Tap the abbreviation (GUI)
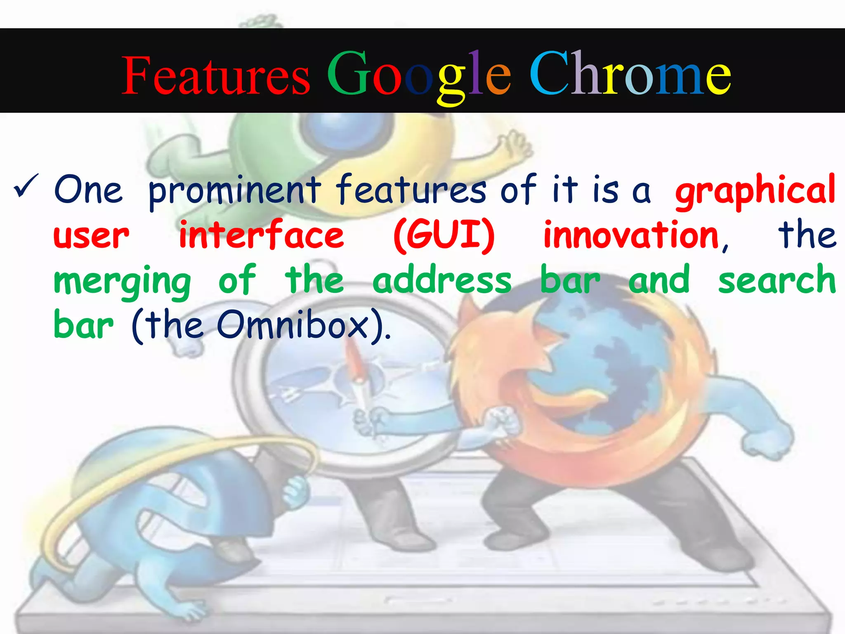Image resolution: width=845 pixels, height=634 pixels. (444, 235)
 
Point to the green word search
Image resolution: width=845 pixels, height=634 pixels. (777, 280)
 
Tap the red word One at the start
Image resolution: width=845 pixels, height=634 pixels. (89, 190)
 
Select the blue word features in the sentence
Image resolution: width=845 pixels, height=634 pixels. (411, 190)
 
